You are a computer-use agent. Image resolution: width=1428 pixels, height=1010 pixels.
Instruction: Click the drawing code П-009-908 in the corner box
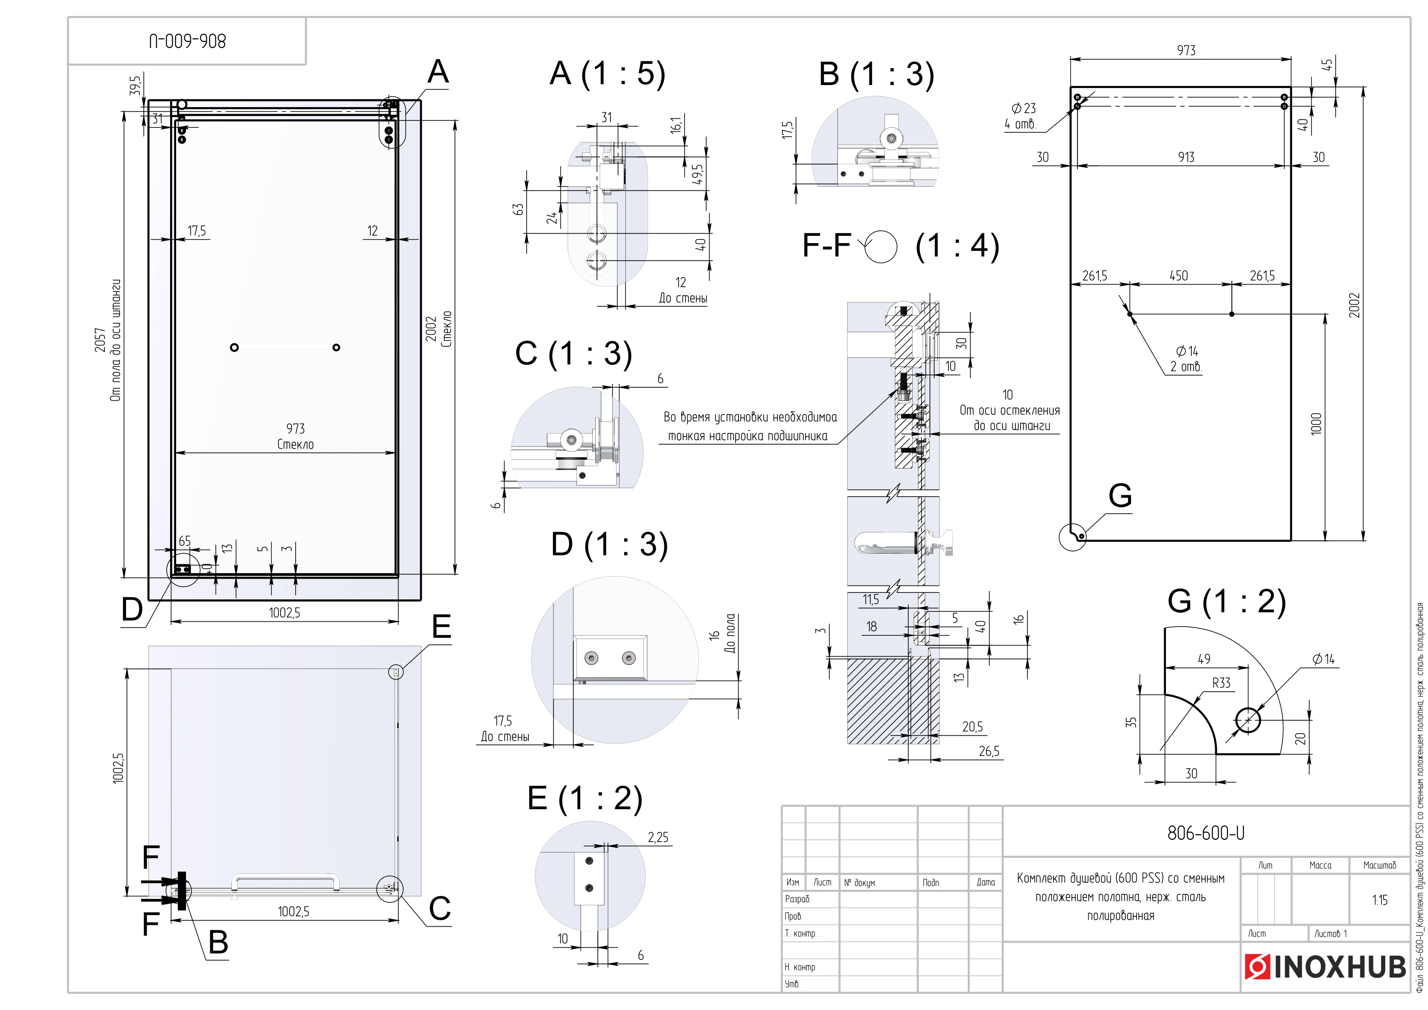tap(187, 42)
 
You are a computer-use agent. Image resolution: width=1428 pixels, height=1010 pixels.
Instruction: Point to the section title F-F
tap(826, 245)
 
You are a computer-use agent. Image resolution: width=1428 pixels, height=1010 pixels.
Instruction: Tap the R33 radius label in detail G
tap(1221, 683)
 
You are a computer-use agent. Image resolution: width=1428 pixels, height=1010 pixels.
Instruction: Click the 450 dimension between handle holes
tap(1178, 275)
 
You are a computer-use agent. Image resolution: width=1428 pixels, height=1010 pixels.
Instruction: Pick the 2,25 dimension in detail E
tap(657, 838)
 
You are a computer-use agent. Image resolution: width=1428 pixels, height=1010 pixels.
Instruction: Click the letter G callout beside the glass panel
tap(1119, 496)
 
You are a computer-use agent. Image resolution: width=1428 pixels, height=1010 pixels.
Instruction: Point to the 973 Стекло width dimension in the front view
tap(295, 436)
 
